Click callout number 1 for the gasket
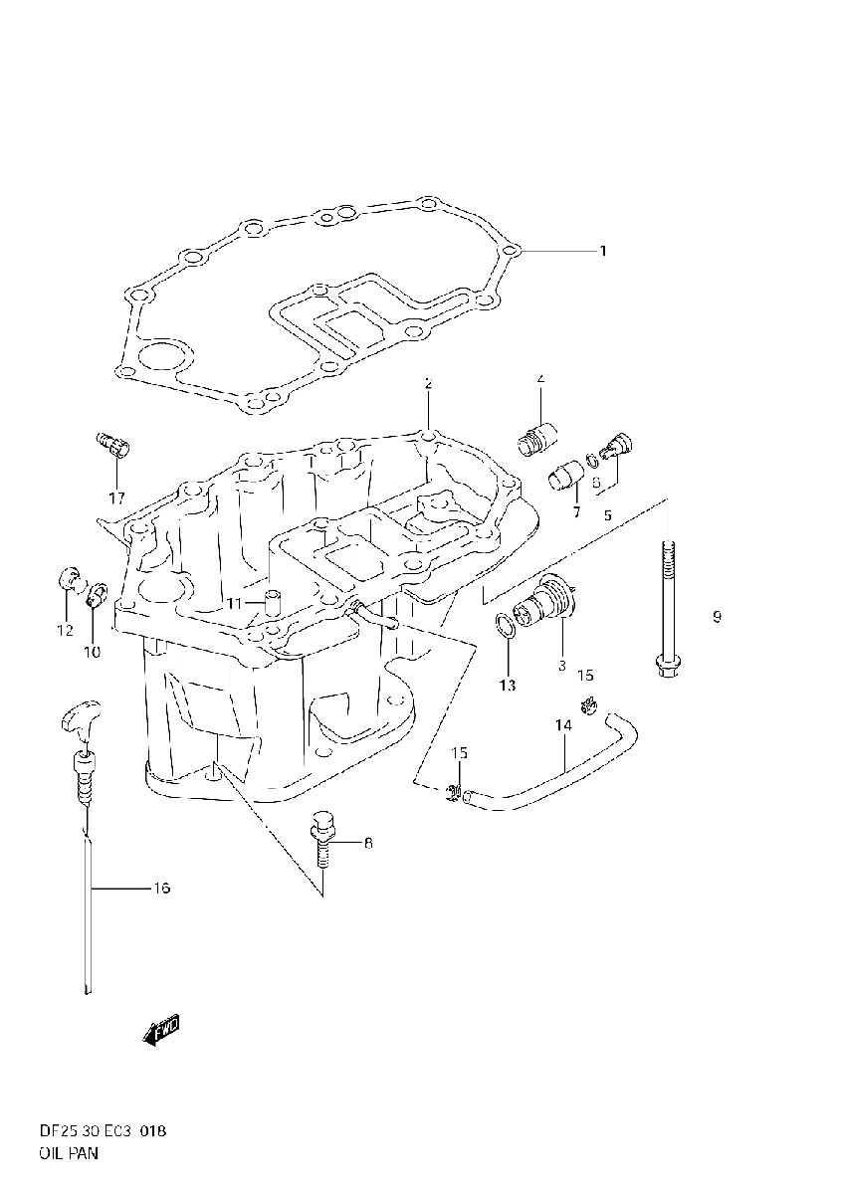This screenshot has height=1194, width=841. tap(602, 252)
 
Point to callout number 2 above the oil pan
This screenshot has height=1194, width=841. tap(428, 383)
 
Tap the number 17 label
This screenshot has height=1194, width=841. tap(116, 497)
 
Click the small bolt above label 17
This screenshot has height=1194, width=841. tap(111, 445)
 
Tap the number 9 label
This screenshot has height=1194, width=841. tap(717, 617)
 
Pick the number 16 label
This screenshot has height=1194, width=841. tap(161, 888)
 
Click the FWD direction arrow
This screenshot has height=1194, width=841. tap(160, 1031)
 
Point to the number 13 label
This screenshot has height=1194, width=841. tap(508, 685)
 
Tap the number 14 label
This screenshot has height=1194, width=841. tap(563, 726)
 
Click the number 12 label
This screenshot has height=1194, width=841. tap(64, 630)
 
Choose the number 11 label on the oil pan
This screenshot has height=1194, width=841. tap(234, 604)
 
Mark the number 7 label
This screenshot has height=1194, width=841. tap(575, 511)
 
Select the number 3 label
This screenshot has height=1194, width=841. tap(561, 665)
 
